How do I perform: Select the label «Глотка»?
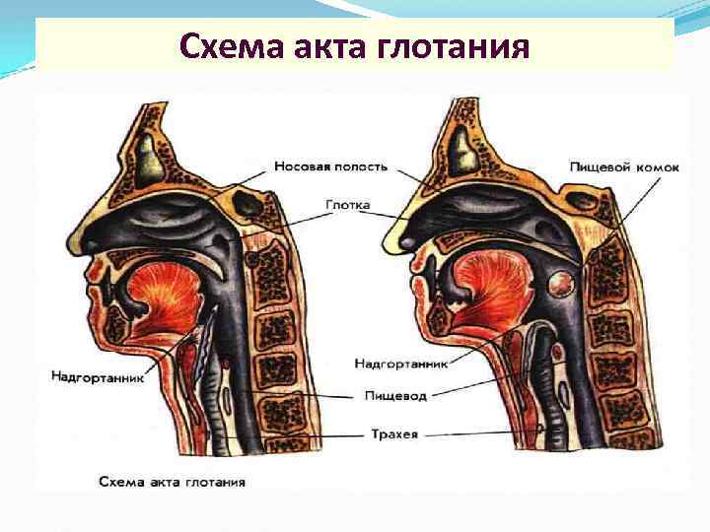(x=344, y=206)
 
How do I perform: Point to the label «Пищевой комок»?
(x=624, y=166)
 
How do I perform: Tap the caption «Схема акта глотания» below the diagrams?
(x=172, y=483)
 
